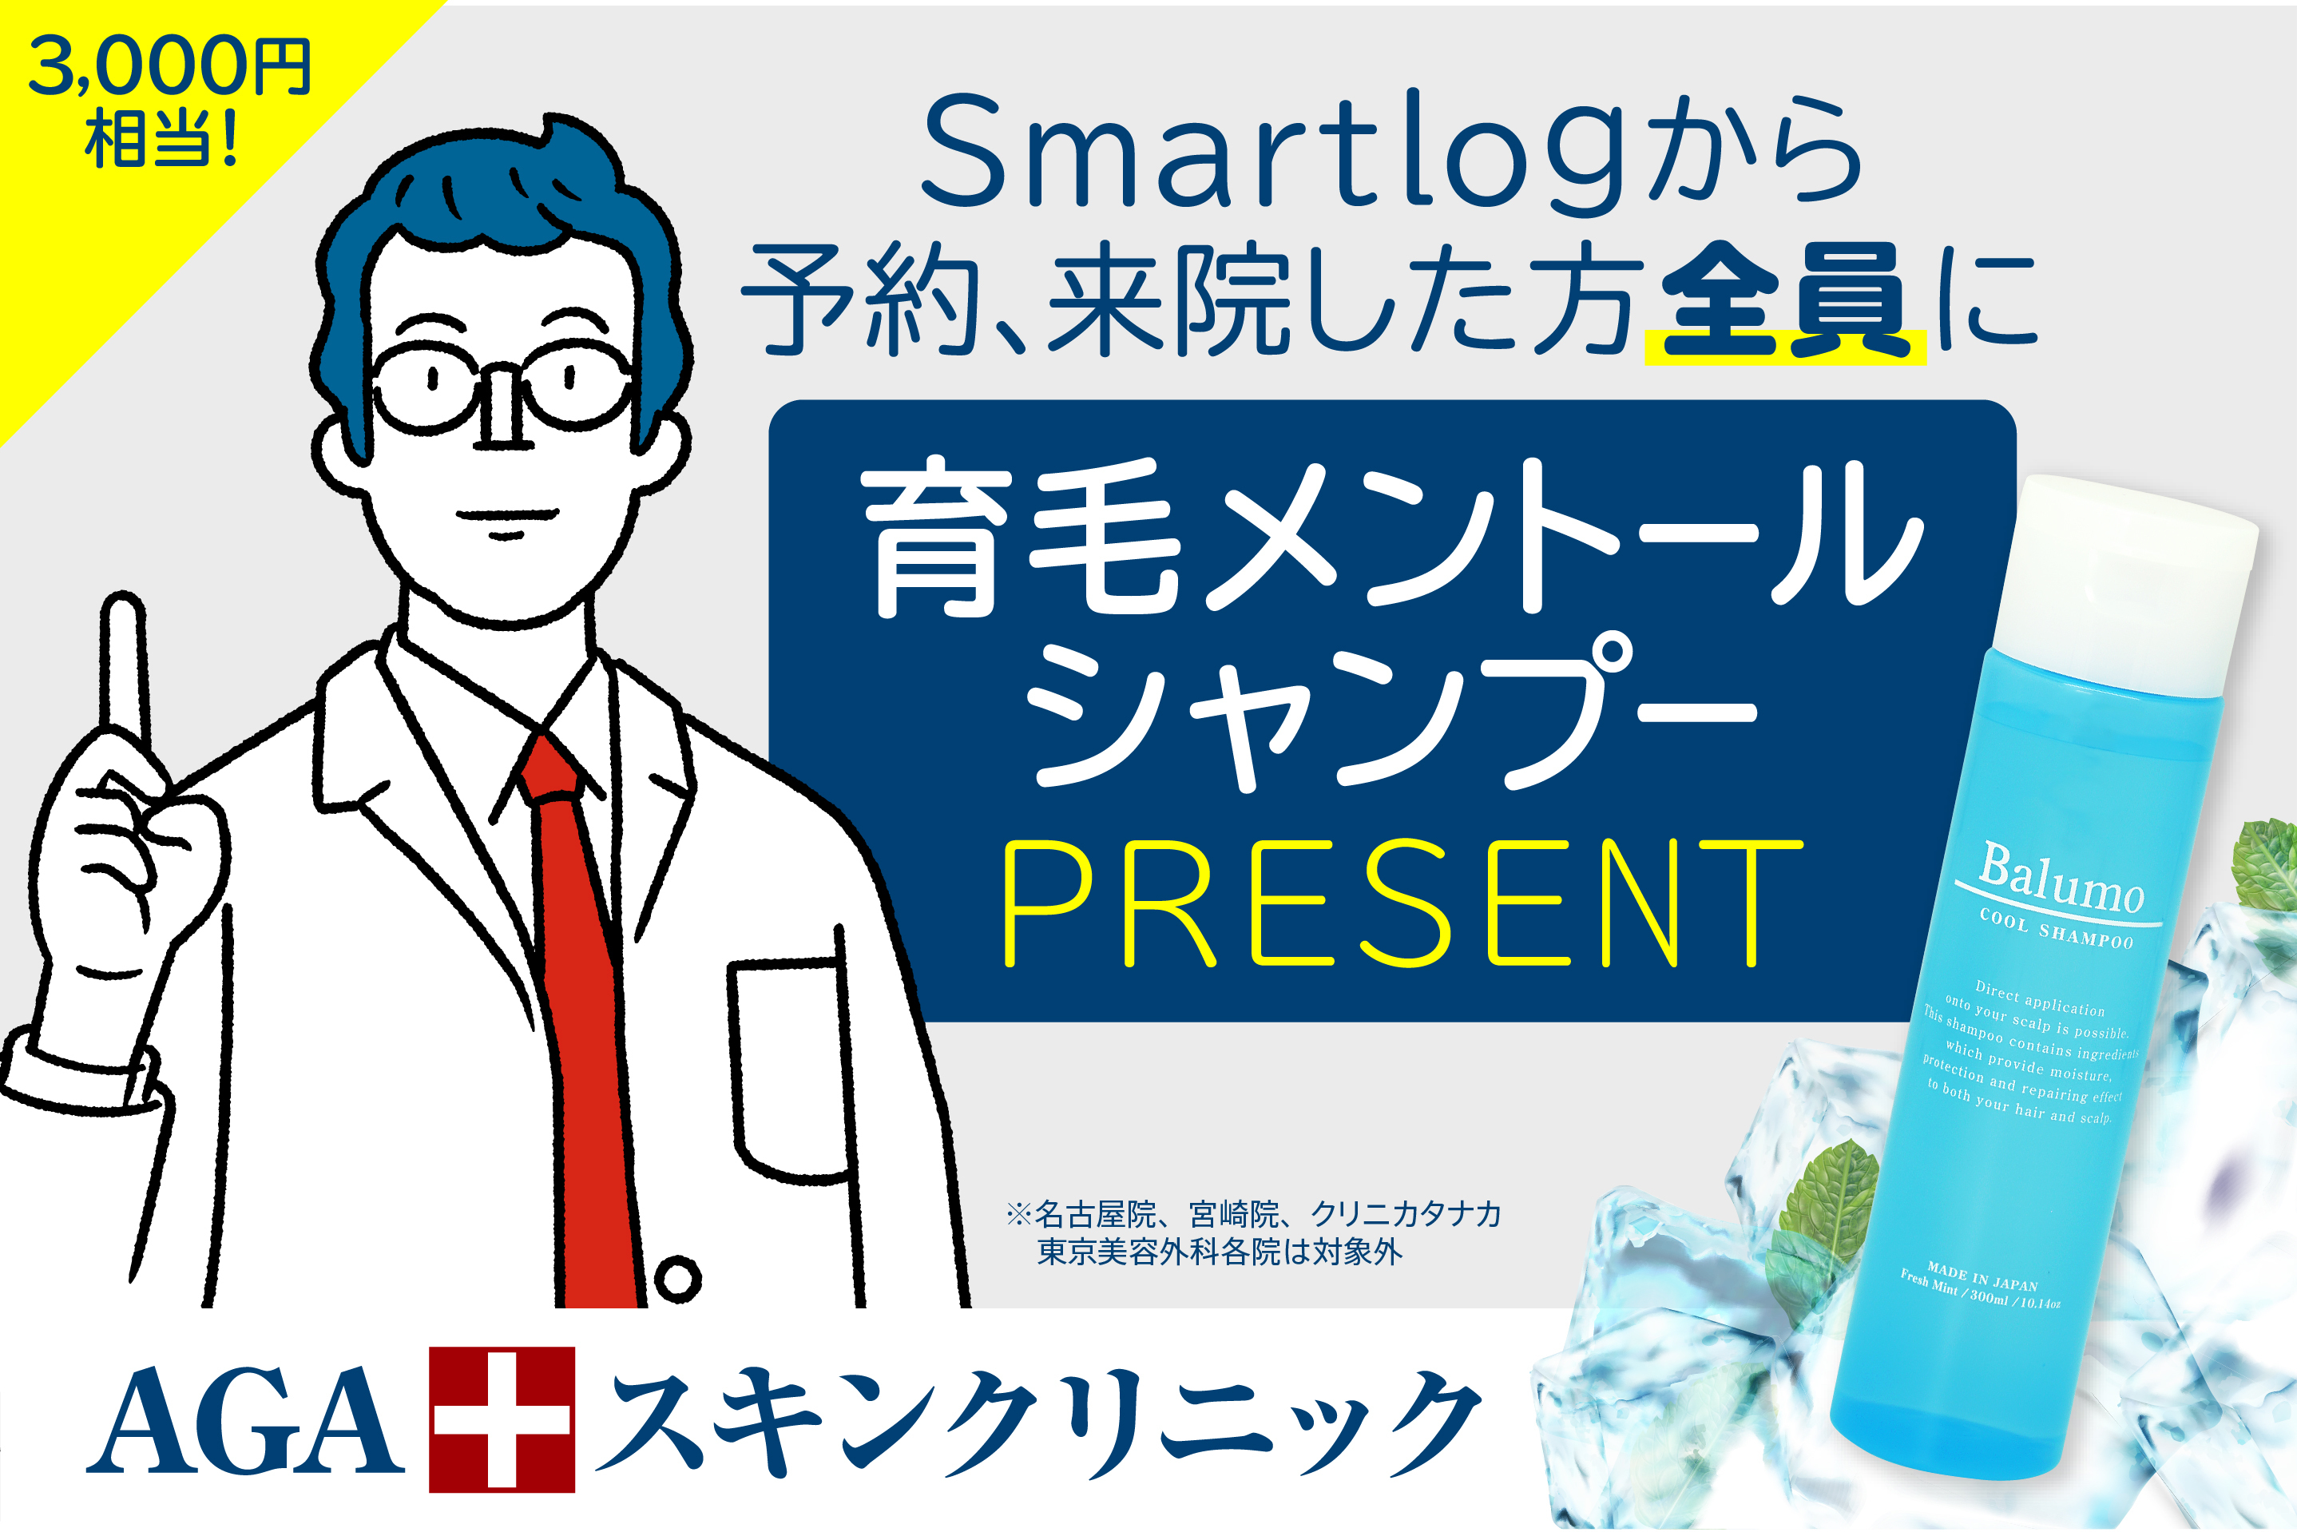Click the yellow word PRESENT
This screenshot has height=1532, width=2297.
click(1402, 903)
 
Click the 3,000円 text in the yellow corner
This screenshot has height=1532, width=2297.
click(170, 66)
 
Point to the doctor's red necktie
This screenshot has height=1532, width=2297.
click(577, 1016)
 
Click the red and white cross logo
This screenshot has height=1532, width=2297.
click(502, 1419)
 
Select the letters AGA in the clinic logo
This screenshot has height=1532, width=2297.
click(244, 1421)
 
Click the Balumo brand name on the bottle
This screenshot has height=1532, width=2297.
click(2061, 879)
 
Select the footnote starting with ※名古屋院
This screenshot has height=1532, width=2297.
click(1255, 1233)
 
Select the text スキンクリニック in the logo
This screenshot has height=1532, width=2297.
click(1040, 1421)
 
